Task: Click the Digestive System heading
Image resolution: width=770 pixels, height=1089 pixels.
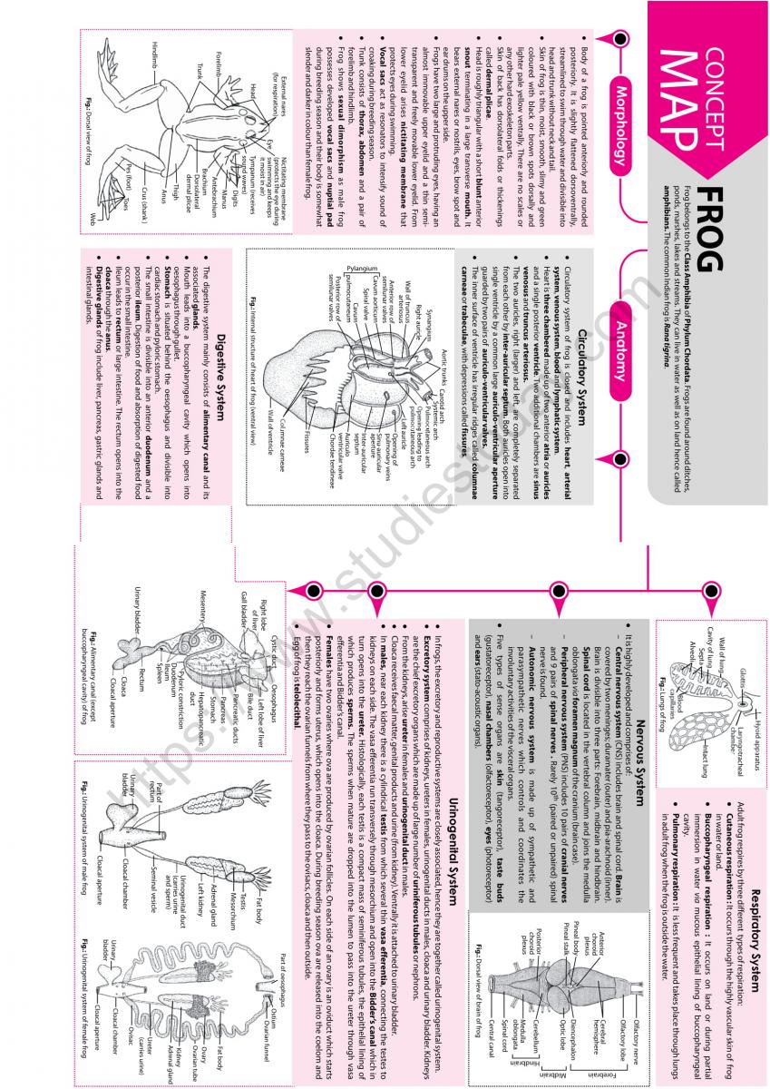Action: [x=222, y=362]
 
